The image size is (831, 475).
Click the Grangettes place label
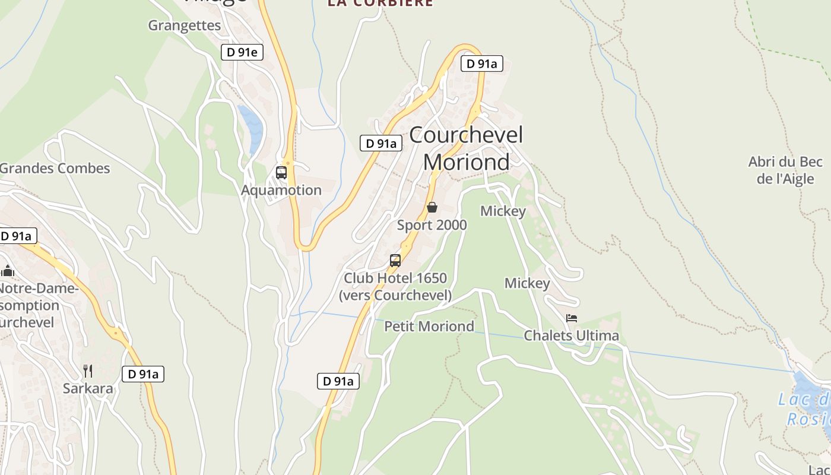coord(184,26)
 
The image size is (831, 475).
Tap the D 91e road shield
coord(242,52)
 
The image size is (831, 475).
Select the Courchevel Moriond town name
coord(466,148)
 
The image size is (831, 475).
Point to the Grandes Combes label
coord(55,168)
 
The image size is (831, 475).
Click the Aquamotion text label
coord(281,190)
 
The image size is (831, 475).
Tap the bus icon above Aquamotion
coord(281,173)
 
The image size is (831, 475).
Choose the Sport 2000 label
coord(432,225)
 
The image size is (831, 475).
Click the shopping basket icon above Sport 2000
coord(432,207)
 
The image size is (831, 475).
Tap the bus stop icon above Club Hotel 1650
coord(395,260)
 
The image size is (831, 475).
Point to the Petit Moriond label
coord(429,326)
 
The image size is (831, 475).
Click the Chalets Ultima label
coord(571,335)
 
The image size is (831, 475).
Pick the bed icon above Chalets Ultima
coord(572,318)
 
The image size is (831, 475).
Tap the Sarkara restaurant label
coord(88,389)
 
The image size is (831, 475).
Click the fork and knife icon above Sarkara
coord(88,371)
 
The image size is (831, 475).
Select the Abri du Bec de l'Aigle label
coord(785,170)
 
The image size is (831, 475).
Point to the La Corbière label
coord(380,3)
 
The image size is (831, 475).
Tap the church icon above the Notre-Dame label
coord(7,271)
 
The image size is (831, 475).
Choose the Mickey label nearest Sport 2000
coord(503,211)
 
